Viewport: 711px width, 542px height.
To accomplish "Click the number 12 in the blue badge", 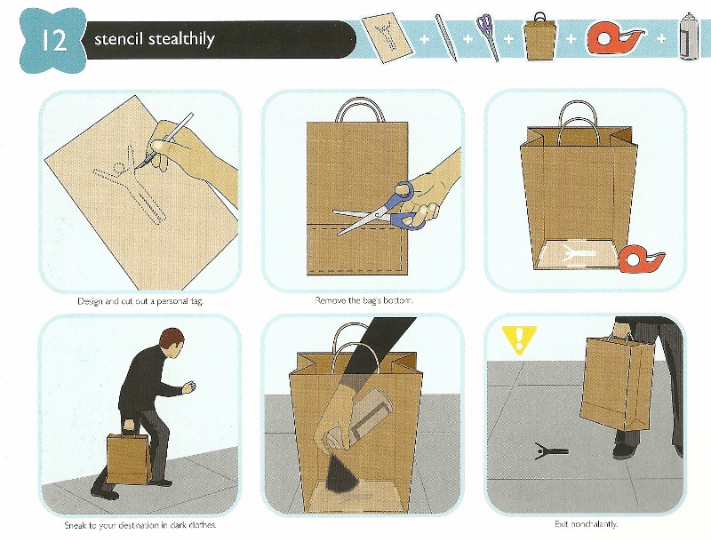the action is pyautogui.click(x=54, y=40).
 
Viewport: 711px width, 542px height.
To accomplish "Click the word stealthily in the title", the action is pyautogui.click(x=181, y=39).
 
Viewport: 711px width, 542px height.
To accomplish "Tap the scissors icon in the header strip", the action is pyautogui.click(x=488, y=36).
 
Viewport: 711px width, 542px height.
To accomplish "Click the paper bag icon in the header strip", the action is pyautogui.click(x=540, y=37).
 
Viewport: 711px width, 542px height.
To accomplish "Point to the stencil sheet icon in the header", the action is pyautogui.click(x=387, y=38).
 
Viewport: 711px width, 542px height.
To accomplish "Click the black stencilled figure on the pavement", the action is pyautogui.click(x=550, y=450).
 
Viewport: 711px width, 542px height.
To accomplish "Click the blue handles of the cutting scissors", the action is pyautogui.click(x=406, y=206).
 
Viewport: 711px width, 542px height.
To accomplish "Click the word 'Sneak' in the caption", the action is pyautogui.click(x=75, y=525).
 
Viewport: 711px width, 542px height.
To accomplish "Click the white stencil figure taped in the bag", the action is pyautogui.click(x=576, y=252).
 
